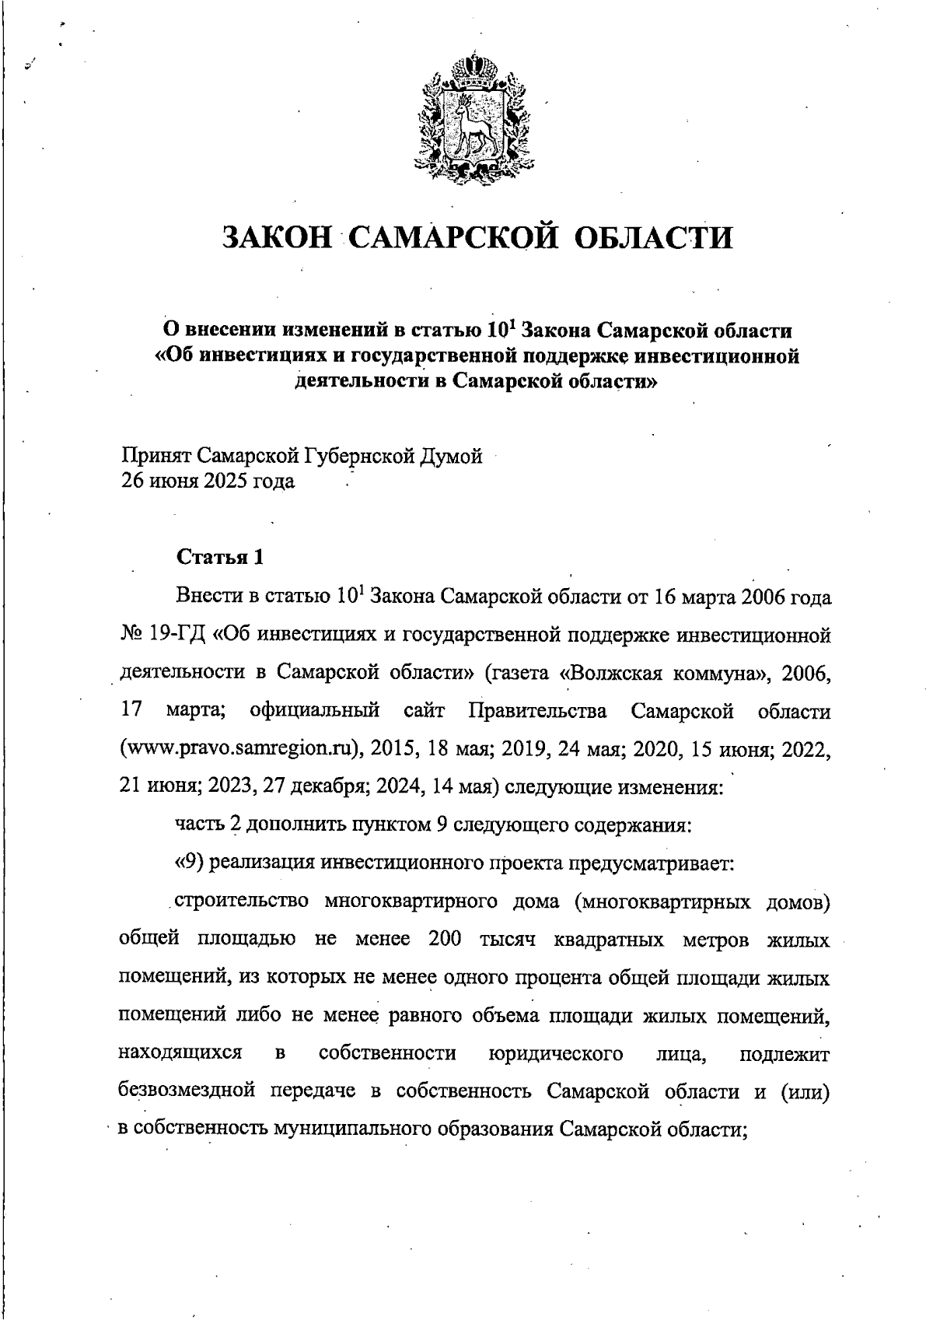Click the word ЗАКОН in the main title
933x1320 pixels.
tap(276, 237)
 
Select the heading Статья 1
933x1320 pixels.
tap(221, 557)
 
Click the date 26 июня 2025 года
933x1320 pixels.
tap(207, 481)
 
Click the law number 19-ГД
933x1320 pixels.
tap(175, 635)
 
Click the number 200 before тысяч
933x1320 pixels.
tap(446, 939)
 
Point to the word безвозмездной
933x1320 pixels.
tap(187, 1091)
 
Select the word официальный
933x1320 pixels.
tap(315, 711)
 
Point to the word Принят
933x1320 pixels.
tap(155, 456)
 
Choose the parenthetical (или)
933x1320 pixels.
tap(801, 1091)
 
